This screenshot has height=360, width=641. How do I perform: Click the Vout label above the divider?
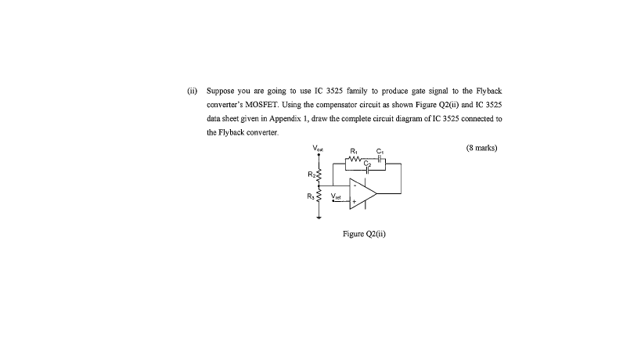coord(318,147)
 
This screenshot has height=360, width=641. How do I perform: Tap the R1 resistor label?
coord(354,150)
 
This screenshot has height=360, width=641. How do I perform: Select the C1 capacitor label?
coord(380,150)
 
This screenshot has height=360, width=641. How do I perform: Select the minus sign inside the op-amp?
coord(354,185)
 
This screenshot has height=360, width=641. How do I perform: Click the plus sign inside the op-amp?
coord(354,201)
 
